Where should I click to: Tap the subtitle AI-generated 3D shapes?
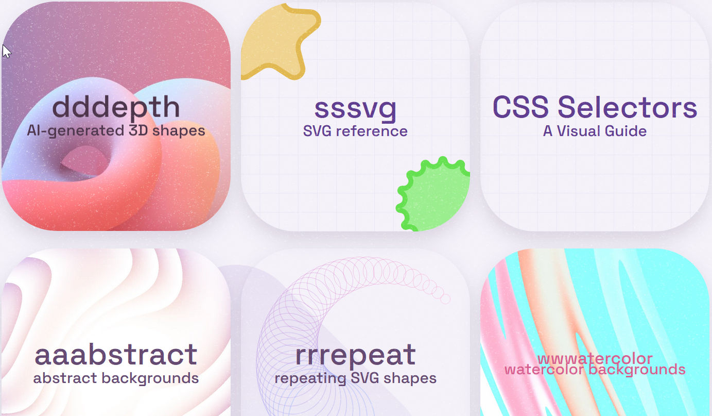tap(116, 131)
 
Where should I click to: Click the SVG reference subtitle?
tap(355, 131)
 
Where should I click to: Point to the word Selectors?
tap(628, 107)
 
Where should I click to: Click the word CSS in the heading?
tap(520, 107)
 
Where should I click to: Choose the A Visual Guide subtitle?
tap(595, 131)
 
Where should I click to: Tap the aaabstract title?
tap(116, 354)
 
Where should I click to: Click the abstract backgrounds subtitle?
tap(116, 378)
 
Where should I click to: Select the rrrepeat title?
tap(355, 355)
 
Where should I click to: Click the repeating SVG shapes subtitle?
tap(355, 378)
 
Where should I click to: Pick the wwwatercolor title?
tap(595, 359)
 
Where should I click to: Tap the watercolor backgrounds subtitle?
tap(595, 370)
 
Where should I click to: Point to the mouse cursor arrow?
tap(6, 52)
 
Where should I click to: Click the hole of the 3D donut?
tap(85, 161)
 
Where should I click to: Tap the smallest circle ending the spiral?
tap(445, 299)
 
